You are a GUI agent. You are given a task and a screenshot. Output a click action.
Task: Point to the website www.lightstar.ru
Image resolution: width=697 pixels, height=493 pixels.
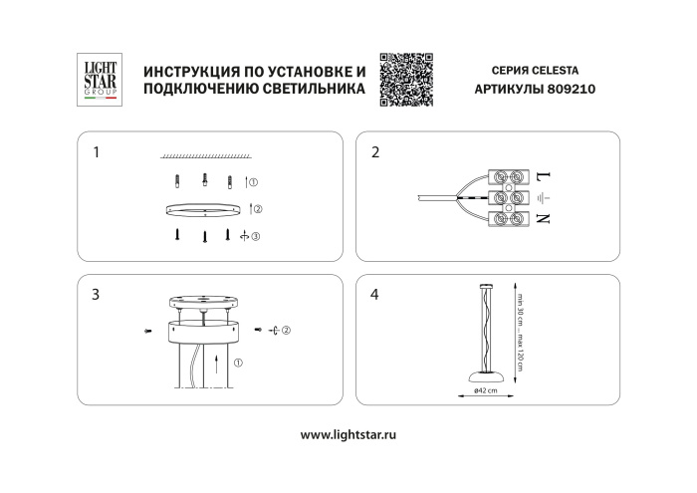coord(348,435)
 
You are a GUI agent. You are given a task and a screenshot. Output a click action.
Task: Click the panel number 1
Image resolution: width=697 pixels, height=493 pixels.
coord(96,153)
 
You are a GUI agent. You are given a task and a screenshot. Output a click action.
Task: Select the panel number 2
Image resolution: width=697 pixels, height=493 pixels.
coord(374,153)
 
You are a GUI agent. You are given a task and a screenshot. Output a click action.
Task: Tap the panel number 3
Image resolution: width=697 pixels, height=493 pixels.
coord(96,295)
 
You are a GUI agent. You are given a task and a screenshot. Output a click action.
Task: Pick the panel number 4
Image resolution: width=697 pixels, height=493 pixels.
coord(374,295)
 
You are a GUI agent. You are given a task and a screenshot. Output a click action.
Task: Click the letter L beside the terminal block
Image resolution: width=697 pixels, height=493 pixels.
coord(544,176)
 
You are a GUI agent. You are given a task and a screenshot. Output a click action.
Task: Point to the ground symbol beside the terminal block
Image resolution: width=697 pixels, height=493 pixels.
coord(544,197)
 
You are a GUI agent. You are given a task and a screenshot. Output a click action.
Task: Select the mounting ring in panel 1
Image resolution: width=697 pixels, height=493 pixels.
coord(203,208)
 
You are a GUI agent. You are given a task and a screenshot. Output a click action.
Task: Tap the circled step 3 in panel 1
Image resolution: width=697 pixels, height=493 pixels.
coord(255,236)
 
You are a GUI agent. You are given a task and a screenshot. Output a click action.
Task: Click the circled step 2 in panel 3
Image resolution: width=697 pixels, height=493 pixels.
coord(286,329)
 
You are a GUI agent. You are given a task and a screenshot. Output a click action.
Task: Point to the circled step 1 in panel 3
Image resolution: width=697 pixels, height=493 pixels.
coord(237,363)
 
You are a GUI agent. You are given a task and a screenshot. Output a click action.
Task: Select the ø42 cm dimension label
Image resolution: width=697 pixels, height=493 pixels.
coord(486,390)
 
